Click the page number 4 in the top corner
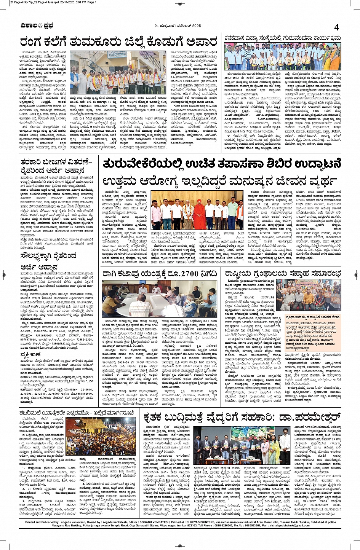point(336,27)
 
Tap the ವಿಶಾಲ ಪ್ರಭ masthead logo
point(37,26)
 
